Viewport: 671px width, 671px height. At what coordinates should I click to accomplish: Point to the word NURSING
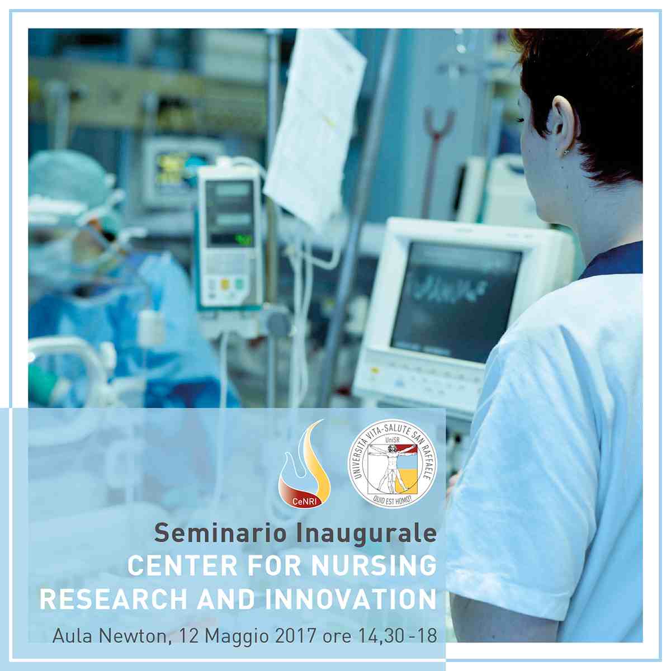pyautogui.click(x=374, y=566)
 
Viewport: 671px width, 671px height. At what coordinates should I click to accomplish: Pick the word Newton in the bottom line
pyautogui.click(x=134, y=635)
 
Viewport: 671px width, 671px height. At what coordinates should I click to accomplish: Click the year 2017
pyautogui.click(x=295, y=635)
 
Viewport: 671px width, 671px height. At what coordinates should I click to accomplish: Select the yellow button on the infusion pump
pyautogui.click(x=225, y=284)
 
